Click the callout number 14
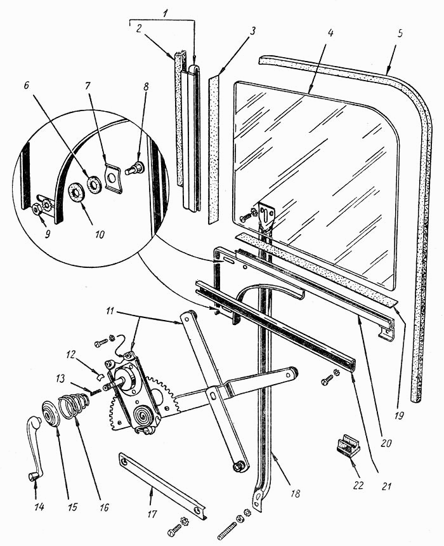tap(39, 507)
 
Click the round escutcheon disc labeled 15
tap(51, 413)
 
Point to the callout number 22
tap(358, 485)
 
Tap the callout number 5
tap(400, 34)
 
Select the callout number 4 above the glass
tap(330, 33)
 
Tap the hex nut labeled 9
tap(36, 210)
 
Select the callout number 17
tap(152, 514)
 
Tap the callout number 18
tap(296, 493)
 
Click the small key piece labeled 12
tap(99, 376)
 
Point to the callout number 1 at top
tap(166, 14)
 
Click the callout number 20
tap(386, 443)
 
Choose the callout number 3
tap(252, 30)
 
